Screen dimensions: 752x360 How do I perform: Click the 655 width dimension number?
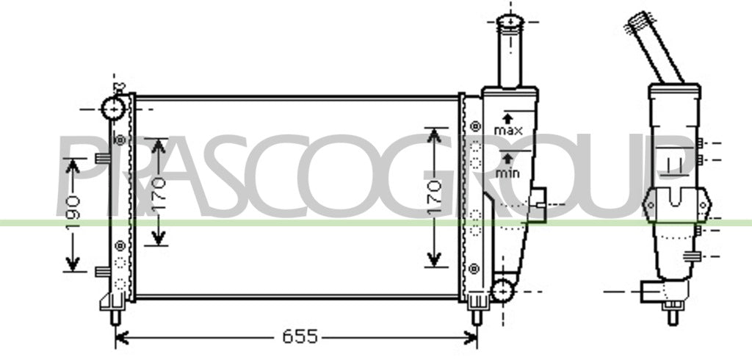tap(300, 336)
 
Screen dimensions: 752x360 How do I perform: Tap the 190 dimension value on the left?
tap(73, 212)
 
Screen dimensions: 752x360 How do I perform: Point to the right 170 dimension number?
tap(434, 197)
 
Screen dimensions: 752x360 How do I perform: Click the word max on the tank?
tap(508, 130)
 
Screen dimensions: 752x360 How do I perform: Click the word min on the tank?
tap(507, 173)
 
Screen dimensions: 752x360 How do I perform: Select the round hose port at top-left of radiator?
tap(114, 109)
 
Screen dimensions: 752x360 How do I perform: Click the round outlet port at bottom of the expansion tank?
tap(502, 291)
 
